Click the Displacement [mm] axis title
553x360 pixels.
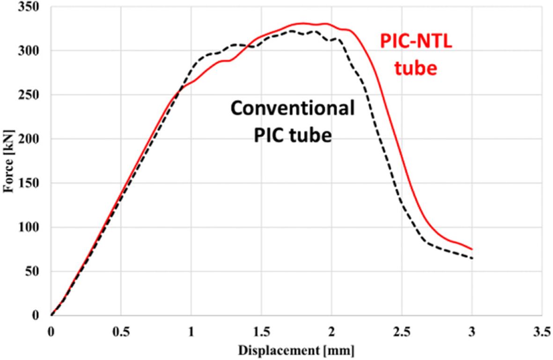pyautogui.click(x=296, y=350)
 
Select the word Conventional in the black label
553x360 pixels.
pyautogui.click(x=292, y=109)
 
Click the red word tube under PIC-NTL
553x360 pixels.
pyautogui.click(x=415, y=68)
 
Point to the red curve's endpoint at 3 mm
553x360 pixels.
pyautogui.click(x=472, y=249)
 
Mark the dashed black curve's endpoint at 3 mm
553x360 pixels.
pyautogui.click(x=472, y=258)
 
